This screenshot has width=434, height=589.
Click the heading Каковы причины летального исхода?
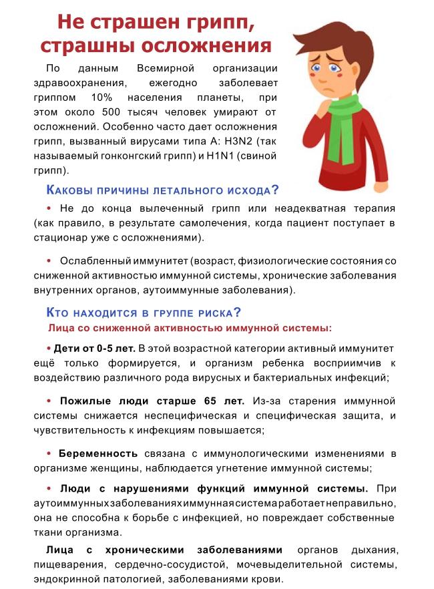pyautogui.click(x=163, y=190)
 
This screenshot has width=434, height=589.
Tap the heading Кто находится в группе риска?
pyautogui.click(x=144, y=312)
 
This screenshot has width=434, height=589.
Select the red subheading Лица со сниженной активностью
pyautogui.click(x=190, y=328)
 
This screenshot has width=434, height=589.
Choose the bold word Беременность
pyautogui.click(x=98, y=453)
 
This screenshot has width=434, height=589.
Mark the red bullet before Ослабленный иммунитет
pyautogui.click(x=49, y=260)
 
